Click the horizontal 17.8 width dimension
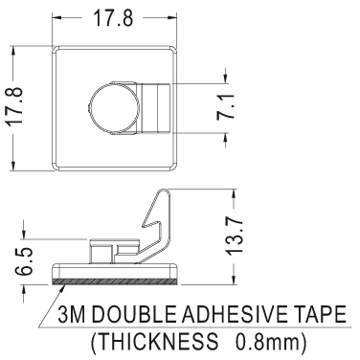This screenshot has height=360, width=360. pos(113,17)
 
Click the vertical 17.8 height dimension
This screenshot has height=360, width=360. pos(15,106)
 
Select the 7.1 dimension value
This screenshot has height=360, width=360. pos(225,107)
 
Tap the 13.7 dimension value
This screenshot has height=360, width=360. pos(236,236)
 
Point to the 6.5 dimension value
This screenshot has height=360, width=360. pos(24,261)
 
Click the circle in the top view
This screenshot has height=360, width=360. pos(114,108)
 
